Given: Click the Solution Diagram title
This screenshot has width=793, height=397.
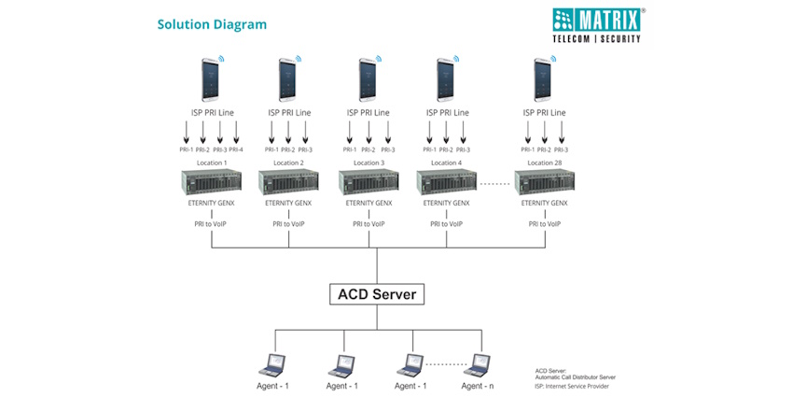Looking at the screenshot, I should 212,24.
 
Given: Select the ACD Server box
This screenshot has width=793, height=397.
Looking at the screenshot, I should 377,295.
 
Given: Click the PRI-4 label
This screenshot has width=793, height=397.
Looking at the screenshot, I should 235,149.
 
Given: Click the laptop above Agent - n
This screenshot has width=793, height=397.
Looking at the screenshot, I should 479,364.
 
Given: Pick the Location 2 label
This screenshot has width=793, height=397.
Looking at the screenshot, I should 288,163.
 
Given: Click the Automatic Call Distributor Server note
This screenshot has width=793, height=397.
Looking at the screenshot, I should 576,376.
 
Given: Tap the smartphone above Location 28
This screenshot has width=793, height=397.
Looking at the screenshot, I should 542,80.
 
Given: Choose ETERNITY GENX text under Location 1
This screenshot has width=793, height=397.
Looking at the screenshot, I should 212,203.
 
